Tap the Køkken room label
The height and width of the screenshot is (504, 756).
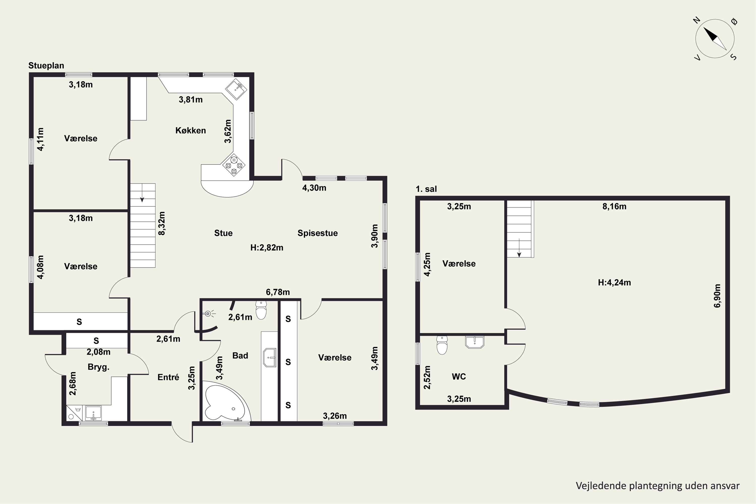pyautogui.click(x=191, y=131)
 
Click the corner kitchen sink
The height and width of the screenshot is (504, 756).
pyautogui.click(x=236, y=89)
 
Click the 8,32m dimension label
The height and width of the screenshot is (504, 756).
pyautogui.click(x=162, y=223)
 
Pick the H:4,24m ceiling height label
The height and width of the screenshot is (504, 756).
pyautogui.click(x=614, y=282)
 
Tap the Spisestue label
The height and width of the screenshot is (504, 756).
pyautogui.click(x=318, y=233)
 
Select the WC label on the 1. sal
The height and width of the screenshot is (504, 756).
pyautogui.click(x=459, y=377)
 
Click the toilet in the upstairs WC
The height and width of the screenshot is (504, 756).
pyautogui.click(x=442, y=345)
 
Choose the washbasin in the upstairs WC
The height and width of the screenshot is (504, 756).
pyautogui.click(x=475, y=342)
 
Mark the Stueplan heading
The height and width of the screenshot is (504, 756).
pyautogui.click(x=46, y=66)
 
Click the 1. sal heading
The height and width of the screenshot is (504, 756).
pyautogui.click(x=426, y=189)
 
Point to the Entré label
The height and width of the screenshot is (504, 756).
pyautogui.click(x=168, y=377)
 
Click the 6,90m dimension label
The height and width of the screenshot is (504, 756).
pyautogui.click(x=717, y=296)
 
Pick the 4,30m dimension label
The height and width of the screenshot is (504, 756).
pyautogui.click(x=314, y=188)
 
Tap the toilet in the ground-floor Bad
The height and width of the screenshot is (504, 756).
pyautogui.click(x=261, y=309)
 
